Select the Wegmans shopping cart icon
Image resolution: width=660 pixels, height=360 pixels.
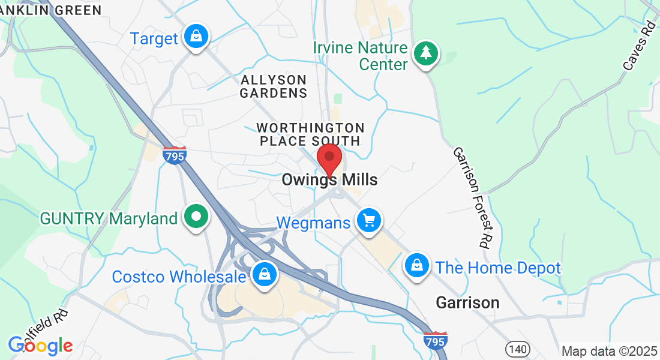coord(369,221)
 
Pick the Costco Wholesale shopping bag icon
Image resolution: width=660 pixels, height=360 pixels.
coord(263,275)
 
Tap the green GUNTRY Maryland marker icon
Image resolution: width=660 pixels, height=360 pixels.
coord(196,217)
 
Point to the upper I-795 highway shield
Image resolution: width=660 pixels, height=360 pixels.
coord(175,155)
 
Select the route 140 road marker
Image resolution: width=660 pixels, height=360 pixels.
coord(516,348)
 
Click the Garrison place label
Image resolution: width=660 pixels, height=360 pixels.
coord(468,302)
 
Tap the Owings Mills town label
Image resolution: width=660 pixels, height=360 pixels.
coord(329,180)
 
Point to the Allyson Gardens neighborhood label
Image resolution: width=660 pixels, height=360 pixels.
coord(274,86)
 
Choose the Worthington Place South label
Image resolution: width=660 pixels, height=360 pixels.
coord(310,134)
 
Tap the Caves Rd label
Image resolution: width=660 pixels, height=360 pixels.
coord(638,46)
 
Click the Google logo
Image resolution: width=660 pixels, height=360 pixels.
coord(40,346)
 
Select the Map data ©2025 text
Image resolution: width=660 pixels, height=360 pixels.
coord(608,351)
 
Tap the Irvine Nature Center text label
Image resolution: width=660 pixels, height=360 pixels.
coord(360,56)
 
